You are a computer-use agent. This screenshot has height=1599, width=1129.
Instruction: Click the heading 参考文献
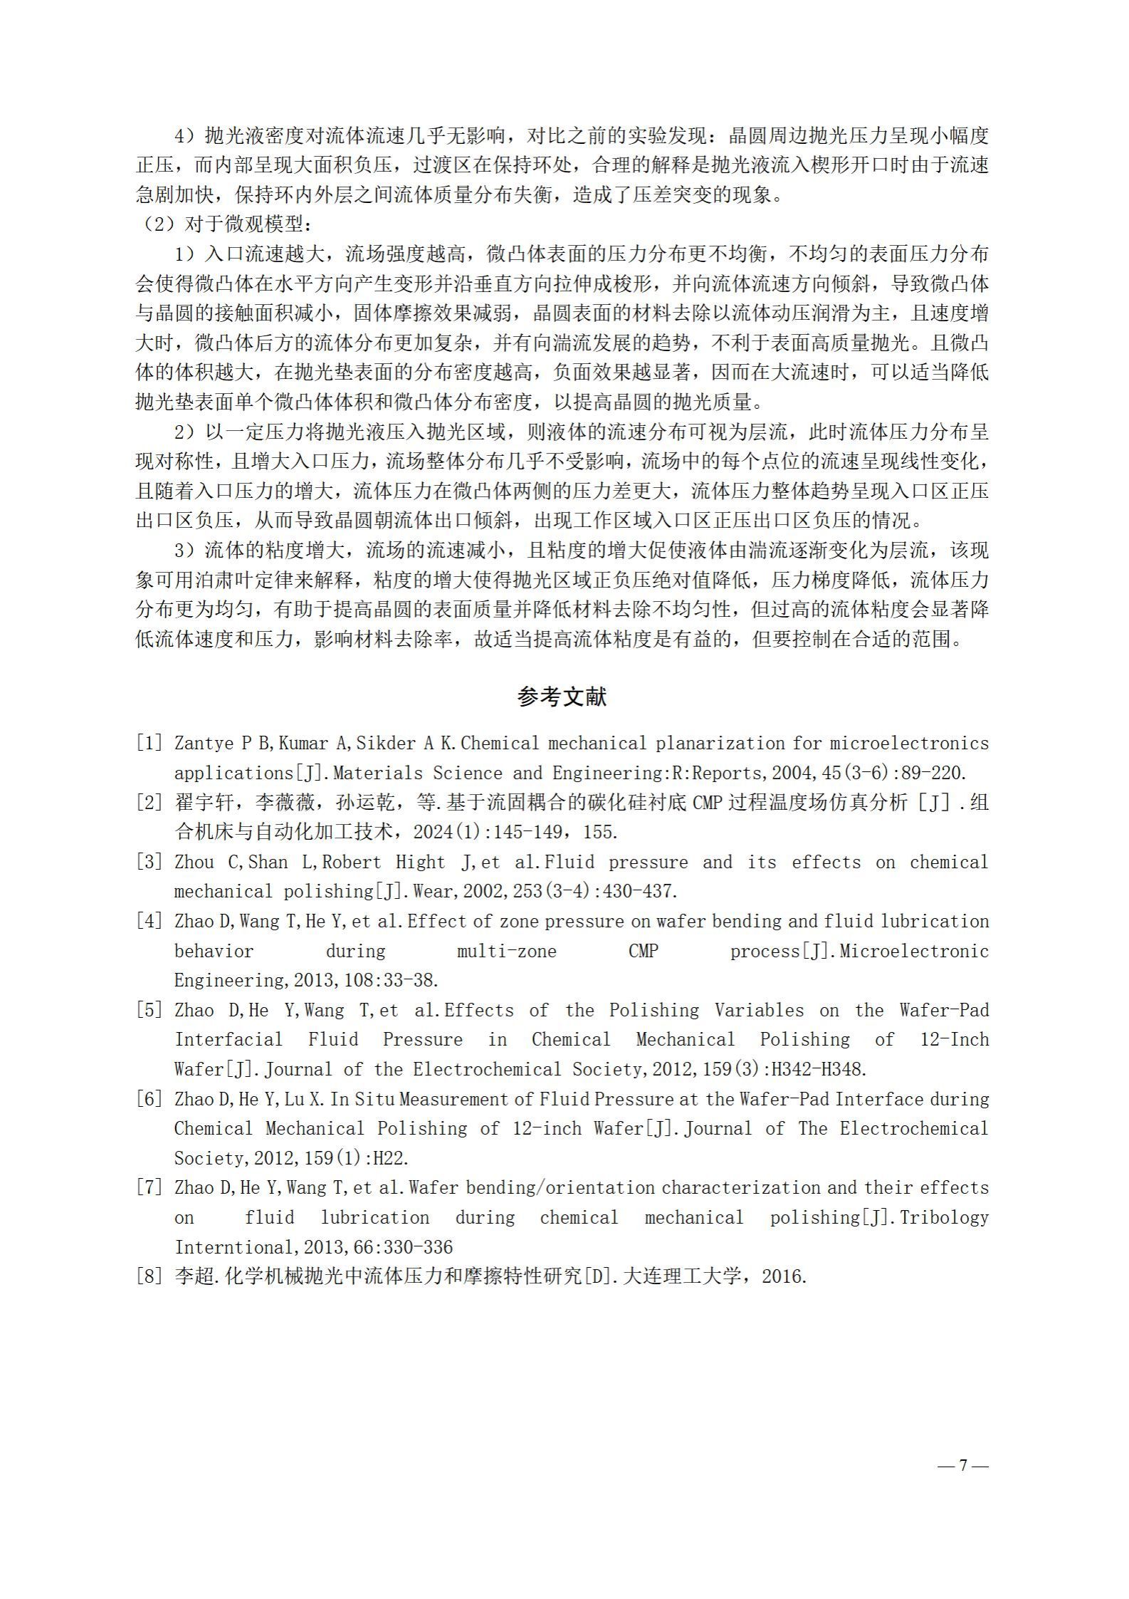tap(562, 697)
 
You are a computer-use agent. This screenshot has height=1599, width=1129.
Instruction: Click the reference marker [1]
tap(149, 744)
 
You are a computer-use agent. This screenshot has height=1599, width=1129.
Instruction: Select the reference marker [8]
tap(149, 1276)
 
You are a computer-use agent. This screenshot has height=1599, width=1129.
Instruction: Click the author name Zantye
tap(204, 744)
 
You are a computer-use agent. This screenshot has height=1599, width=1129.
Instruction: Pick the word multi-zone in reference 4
tap(506, 951)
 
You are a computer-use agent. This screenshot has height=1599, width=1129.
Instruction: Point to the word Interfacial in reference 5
tap(229, 1040)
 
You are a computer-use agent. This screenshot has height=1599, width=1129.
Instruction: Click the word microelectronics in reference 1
tap(909, 744)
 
